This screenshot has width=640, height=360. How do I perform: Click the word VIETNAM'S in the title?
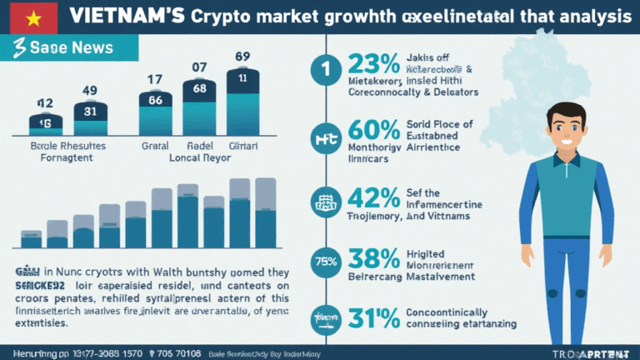click(x=124, y=16)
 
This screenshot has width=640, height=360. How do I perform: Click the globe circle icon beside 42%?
click(x=323, y=200)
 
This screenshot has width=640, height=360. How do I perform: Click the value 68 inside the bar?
click(x=199, y=87)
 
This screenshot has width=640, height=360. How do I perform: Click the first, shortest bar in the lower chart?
click(x=32, y=239)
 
